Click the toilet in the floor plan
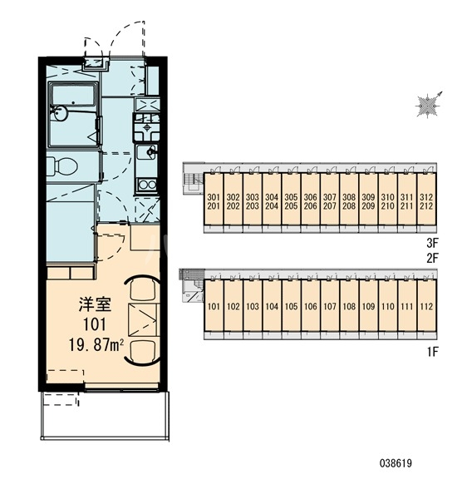(62, 166)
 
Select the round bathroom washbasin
(60, 112)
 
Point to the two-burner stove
(146, 185)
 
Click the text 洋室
(95, 304)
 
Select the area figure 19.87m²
(96, 344)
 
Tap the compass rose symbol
(428, 105)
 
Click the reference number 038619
(396, 462)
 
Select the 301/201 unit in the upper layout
(214, 202)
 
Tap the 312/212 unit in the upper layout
(426, 202)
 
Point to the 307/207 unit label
(330, 201)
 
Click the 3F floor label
(433, 244)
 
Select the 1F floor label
(433, 352)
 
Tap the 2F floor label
(433, 258)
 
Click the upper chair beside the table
(143, 289)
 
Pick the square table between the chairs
(143, 320)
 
